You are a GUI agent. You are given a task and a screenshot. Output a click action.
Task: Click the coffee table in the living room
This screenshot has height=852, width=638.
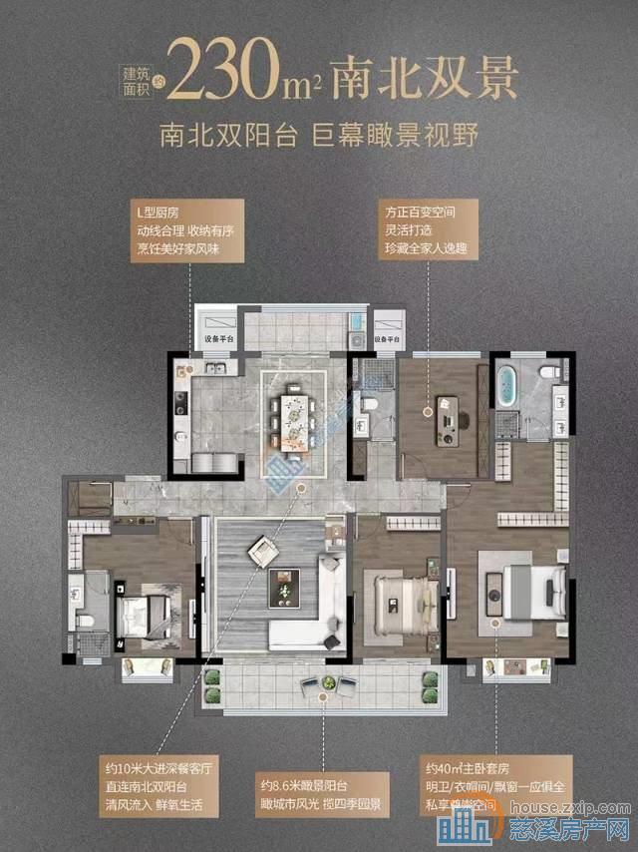click(285, 586)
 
